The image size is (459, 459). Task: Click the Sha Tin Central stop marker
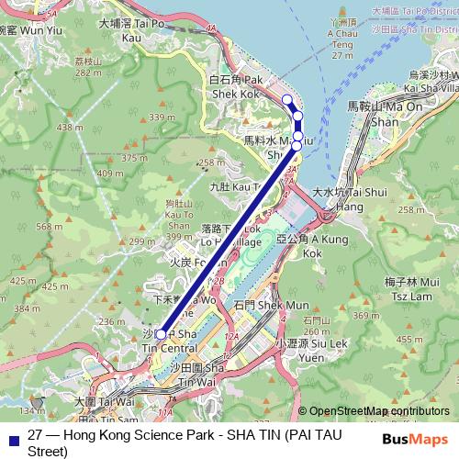coord(162,334)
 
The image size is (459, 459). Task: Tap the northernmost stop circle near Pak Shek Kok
coord(286,99)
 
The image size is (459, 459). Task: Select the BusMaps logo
coord(414,439)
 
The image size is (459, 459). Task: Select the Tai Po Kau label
coord(138,30)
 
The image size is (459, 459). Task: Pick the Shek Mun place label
coord(258,305)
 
